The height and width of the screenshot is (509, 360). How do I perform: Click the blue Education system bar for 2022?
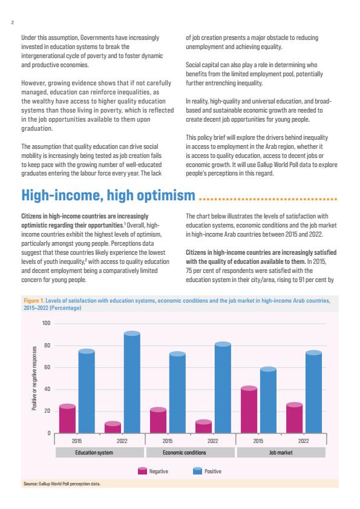132,382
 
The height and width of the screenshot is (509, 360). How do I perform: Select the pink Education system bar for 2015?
67,419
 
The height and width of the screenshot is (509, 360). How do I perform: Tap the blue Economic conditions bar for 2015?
177,392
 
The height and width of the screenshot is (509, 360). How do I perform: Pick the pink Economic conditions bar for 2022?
203,427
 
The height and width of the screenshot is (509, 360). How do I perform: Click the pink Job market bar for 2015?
249,410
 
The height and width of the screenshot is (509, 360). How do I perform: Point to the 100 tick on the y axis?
47,323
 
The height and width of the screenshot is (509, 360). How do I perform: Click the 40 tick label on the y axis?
47,389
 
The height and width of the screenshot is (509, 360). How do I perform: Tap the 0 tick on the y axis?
50,433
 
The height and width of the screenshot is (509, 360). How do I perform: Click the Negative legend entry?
153,471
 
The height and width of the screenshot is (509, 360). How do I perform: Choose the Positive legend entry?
207,471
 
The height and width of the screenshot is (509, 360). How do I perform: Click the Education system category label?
94,452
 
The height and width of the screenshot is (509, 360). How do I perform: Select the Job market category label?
281,452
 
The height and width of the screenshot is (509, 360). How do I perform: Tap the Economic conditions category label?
185,452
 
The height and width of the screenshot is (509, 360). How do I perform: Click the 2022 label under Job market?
304,441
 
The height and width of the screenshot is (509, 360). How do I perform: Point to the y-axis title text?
34,378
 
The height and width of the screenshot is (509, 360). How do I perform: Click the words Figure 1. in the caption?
34,301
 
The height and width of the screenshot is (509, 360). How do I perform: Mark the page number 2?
12,22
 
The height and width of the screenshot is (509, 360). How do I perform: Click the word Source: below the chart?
30,484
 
